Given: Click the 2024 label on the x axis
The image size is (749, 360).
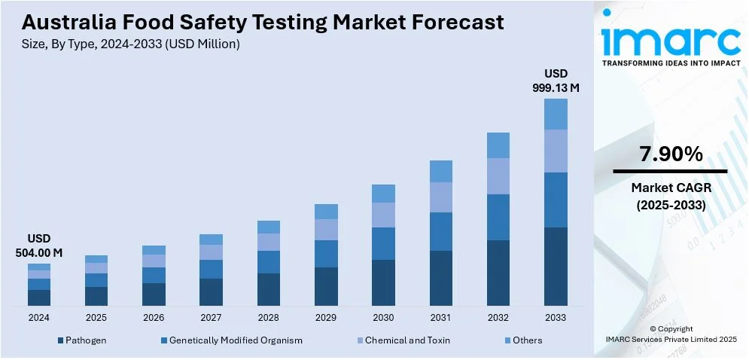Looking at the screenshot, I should pos(38,318).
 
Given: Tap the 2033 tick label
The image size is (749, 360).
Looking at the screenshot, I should pos(556,318).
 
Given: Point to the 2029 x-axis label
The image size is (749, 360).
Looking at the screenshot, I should pos(326,318).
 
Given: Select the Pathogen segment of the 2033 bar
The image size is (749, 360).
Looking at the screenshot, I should pos(556,266).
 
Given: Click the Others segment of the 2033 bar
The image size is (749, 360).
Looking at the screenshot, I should pos(556,114).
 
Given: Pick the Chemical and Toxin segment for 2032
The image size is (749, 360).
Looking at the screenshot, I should pos(498,176).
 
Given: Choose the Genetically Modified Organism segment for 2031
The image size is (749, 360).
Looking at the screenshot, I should pos(441,231).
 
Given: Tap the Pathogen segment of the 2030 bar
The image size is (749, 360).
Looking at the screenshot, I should pos(383,282).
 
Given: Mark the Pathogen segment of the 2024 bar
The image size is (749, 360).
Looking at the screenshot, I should pos(39,297).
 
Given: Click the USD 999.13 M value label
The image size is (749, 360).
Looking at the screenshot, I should pos(556,81).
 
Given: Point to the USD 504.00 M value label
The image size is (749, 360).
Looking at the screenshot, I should pos(39,246).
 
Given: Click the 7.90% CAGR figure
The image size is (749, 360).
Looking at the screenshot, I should pos(671,154).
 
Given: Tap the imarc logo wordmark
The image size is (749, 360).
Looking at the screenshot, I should pos(671,39).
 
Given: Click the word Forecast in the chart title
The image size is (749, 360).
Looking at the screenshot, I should pos(453,23).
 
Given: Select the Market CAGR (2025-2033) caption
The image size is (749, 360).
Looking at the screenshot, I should pos(671,195).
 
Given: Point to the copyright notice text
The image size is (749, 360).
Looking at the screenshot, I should pos(671,334).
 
